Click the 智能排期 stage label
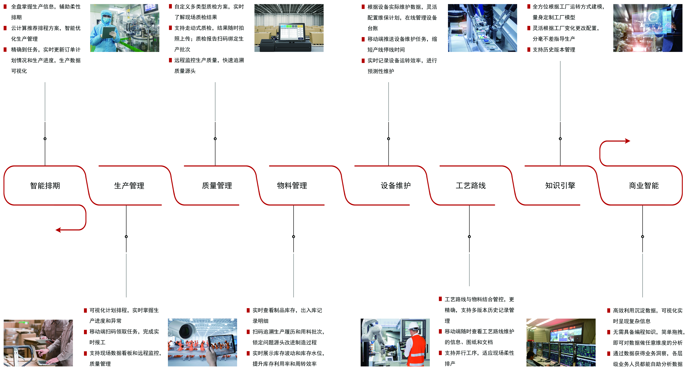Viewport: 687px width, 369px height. click(x=45, y=185)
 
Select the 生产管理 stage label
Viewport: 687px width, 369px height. click(x=129, y=185)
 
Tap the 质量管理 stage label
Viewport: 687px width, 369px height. click(x=217, y=185)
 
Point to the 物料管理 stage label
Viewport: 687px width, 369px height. click(x=292, y=185)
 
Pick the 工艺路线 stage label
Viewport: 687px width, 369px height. click(x=471, y=185)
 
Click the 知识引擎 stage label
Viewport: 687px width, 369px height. click(x=560, y=185)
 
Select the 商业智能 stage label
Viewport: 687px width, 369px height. click(x=644, y=185)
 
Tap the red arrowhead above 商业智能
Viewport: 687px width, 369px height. click(x=628, y=141)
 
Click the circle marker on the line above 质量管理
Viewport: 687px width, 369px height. click(x=215, y=139)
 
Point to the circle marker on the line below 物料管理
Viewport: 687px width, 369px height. click(x=294, y=237)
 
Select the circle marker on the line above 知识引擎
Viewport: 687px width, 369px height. click(x=560, y=139)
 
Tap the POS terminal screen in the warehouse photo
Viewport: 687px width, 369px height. click(x=292, y=32)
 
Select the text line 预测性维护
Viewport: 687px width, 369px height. click(x=381, y=71)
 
